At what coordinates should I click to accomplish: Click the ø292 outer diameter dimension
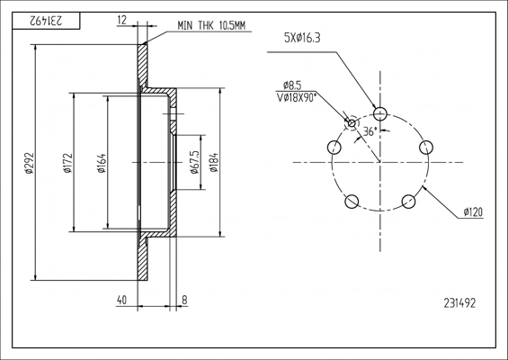tap(30, 163)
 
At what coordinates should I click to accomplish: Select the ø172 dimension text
tap(67, 163)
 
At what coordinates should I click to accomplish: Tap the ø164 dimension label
tap(102, 163)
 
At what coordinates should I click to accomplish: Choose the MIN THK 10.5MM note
tap(211, 25)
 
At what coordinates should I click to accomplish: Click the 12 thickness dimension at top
tap(121, 20)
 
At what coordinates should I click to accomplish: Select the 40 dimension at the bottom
tap(121, 300)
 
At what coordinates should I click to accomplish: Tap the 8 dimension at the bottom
tap(184, 300)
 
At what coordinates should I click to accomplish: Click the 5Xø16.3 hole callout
tap(302, 38)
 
